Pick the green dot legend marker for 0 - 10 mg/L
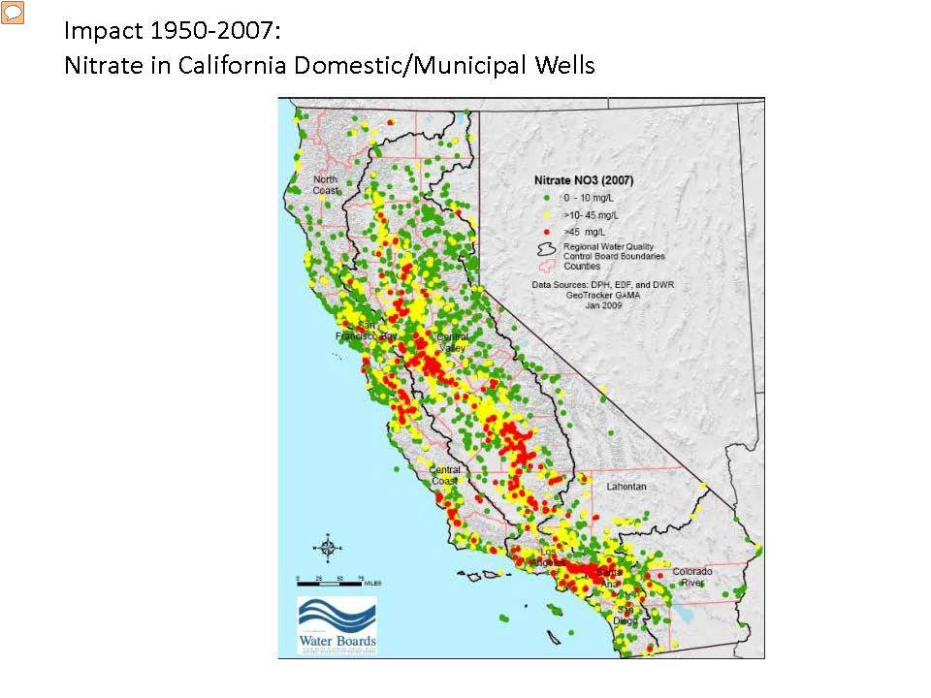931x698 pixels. click(x=547, y=197)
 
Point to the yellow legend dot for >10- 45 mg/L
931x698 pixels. click(x=547, y=213)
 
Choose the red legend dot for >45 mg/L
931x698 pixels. click(x=547, y=231)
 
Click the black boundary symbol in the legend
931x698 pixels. click(x=547, y=249)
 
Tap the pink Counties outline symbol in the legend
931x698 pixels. click(x=547, y=265)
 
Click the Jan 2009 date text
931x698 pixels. click(x=603, y=304)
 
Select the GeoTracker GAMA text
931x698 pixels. click(x=603, y=295)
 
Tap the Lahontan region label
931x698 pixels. click(x=626, y=486)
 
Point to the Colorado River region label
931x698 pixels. click(x=692, y=577)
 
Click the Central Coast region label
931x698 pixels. click(x=445, y=475)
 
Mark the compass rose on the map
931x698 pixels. click(x=328, y=549)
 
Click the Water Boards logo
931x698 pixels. click(x=337, y=624)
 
